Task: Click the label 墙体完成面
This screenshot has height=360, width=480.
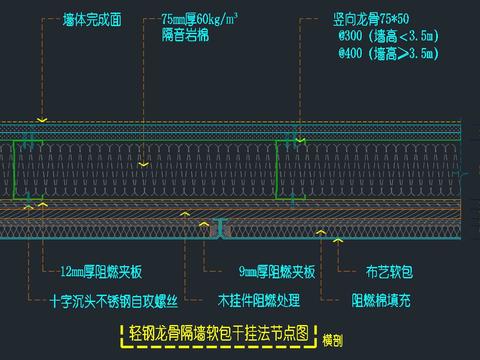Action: [93, 18]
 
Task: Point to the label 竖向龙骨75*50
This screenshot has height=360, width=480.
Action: [378, 18]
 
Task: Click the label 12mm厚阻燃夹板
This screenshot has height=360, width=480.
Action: [101, 271]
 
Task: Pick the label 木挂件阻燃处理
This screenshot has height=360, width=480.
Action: [265, 299]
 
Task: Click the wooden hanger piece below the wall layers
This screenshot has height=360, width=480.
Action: [222, 229]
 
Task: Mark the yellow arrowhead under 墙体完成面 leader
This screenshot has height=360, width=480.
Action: [41, 120]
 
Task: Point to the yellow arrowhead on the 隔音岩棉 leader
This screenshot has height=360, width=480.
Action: [146, 163]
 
